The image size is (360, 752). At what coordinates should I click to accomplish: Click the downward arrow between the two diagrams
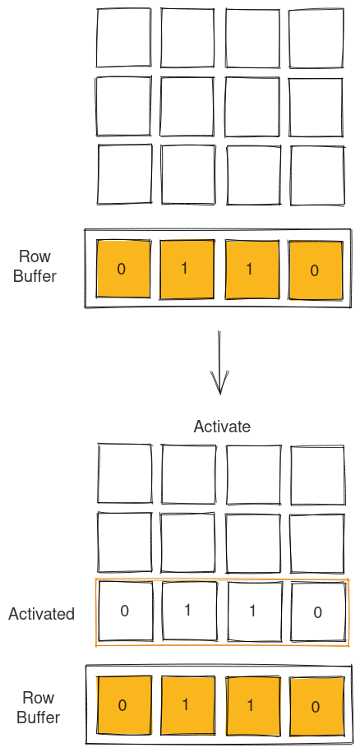[219, 362]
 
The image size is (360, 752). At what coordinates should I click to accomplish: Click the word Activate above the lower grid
[222, 427]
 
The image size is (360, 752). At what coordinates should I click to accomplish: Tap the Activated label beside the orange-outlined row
[41, 614]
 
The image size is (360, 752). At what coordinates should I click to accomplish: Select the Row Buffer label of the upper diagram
[35, 266]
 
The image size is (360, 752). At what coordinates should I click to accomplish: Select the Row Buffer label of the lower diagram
[38, 707]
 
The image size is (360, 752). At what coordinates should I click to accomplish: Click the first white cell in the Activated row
[125, 611]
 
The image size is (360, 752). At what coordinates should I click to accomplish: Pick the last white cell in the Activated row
[317, 611]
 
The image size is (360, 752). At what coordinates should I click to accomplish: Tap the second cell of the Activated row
[188, 611]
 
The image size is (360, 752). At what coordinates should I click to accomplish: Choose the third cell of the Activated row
[252, 611]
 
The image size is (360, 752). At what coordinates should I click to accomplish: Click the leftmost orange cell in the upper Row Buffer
[123, 269]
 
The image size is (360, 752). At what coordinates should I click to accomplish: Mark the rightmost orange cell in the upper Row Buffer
[316, 270]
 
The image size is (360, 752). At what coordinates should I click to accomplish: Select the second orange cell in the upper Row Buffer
[187, 269]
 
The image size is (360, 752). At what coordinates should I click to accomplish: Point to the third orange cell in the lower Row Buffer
[252, 705]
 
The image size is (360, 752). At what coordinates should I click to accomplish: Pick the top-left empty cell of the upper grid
[123, 38]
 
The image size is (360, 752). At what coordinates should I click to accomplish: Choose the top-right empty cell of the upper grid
[316, 38]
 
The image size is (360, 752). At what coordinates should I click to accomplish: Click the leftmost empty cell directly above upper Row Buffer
[125, 174]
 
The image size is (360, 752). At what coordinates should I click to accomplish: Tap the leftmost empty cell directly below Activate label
[125, 473]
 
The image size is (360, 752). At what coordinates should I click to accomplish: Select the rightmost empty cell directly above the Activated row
[317, 542]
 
